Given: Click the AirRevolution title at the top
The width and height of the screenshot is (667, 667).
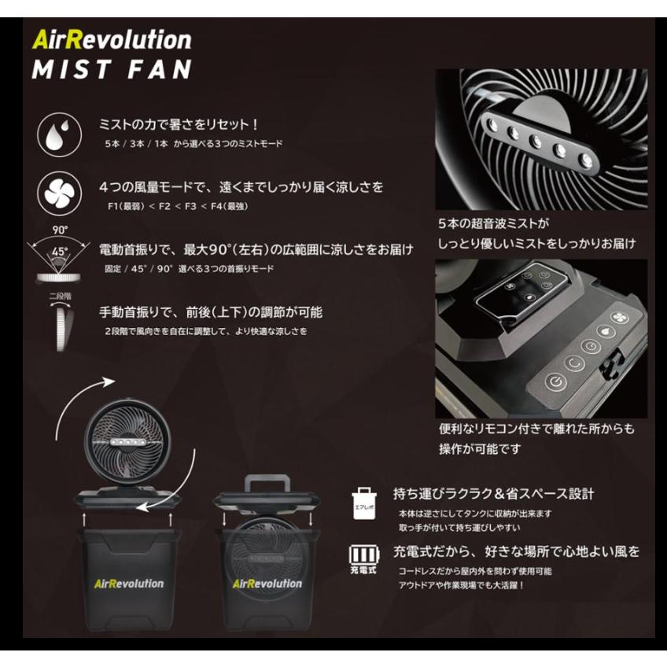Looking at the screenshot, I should pyautogui.click(x=112, y=39).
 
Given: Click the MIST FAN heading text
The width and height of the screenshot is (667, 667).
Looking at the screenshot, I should pyautogui.click(x=112, y=68).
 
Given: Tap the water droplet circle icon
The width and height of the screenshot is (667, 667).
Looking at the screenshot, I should pyautogui.click(x=60, y=135).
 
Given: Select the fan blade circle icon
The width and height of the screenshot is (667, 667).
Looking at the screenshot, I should pyautogui.click(x=60, y=193).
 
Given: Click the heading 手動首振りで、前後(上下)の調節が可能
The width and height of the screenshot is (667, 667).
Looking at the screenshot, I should pyautogui.click(x=210, y=312).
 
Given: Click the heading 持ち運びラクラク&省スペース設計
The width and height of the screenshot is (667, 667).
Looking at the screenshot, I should pyautogui.click(x=493, y=494).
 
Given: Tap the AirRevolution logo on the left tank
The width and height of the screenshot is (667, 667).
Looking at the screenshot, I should pyautogui.click(x=120, y=583).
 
